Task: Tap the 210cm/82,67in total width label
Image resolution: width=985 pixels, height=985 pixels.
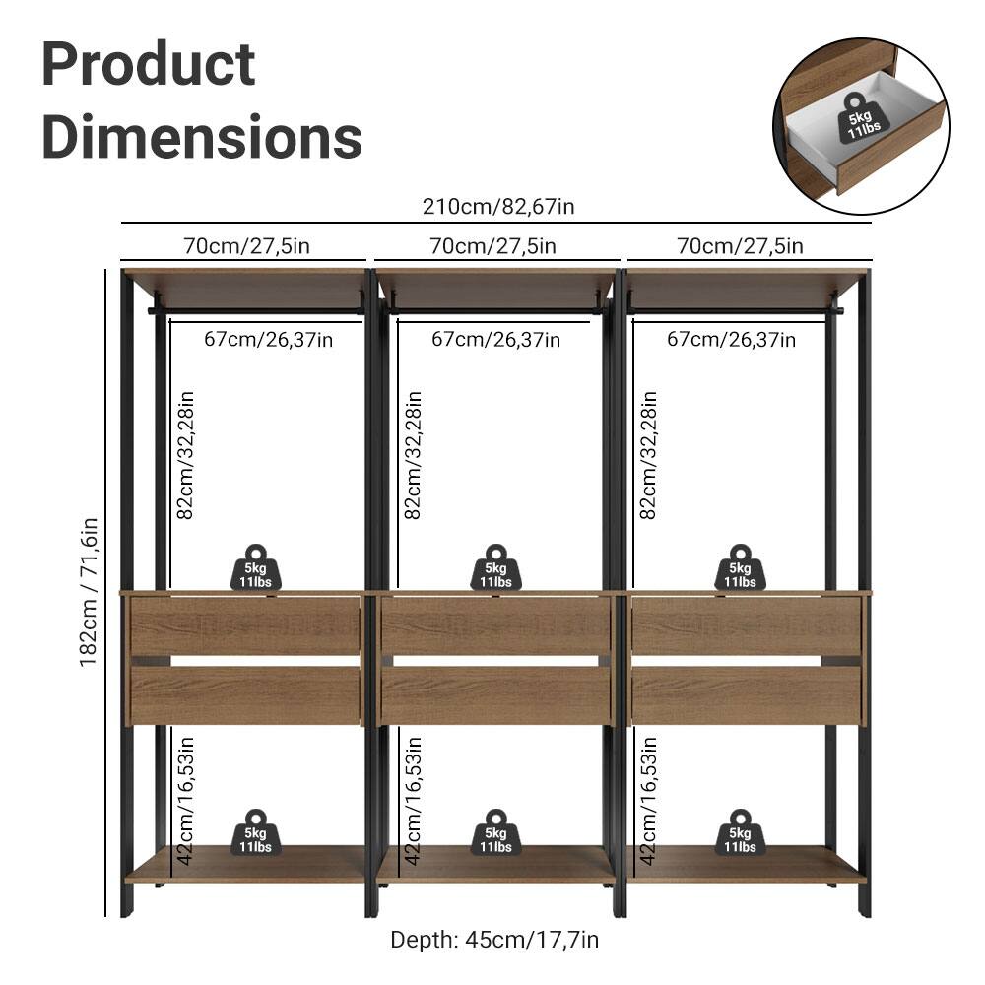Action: [x=498, y=207]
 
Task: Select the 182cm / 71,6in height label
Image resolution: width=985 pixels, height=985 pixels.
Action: [x=91, y=592]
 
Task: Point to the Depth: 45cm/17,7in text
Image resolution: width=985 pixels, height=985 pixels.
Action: [x=494, y=939]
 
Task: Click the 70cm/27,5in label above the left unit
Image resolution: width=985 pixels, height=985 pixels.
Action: [x=246, y=246]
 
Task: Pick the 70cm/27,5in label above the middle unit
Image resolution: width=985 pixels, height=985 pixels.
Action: [x=493, y=246]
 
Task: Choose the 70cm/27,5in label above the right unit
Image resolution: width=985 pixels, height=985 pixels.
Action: [x=740, y=246]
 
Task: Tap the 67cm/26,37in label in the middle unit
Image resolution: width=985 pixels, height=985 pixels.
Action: [x=496, y=340]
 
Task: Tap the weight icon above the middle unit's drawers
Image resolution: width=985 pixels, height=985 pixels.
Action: [x=495, y=568]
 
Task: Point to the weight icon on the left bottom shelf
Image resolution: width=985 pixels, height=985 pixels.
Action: [x=255, y=833]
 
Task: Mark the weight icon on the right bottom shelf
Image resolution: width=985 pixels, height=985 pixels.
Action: [x=740, y=833]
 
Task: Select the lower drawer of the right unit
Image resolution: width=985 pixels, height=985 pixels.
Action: [x=746, y=694]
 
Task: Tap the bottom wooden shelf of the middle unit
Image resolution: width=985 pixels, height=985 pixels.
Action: [x=495, y=865]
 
